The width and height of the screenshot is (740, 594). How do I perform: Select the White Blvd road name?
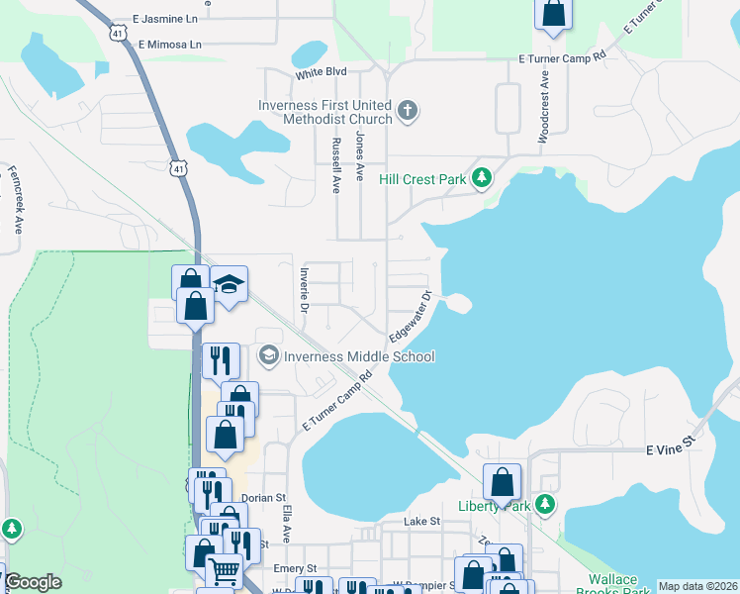click(321, 73)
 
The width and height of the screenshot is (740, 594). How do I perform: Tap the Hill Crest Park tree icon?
click(482, 178)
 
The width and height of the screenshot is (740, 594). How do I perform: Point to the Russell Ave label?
click(335, 163)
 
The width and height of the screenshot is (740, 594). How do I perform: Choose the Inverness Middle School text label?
click(359, 356)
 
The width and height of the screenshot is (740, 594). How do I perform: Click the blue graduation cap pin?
click(229, 285)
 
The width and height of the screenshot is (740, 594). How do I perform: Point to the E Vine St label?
click(672, 449)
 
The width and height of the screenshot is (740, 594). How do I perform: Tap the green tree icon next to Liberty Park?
click(544, 505)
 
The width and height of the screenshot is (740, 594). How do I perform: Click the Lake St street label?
click(421, 521)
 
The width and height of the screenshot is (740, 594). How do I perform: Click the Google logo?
click(32, 582)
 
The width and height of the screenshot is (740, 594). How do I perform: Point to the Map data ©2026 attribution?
click(697, 586)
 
